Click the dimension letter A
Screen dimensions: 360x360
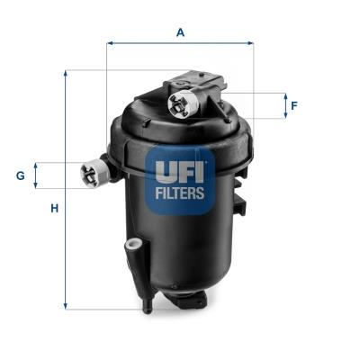[x=180, y=32]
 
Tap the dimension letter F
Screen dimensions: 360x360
[x=293, y=105]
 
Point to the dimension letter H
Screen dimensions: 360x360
[x=54, y=208]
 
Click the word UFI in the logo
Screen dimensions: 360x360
[x=180, y=167]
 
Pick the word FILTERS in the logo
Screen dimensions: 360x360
[x=180, y=192]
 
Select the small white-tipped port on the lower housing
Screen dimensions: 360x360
[x=133, y=244]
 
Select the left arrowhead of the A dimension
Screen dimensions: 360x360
[x=110, y=42]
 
